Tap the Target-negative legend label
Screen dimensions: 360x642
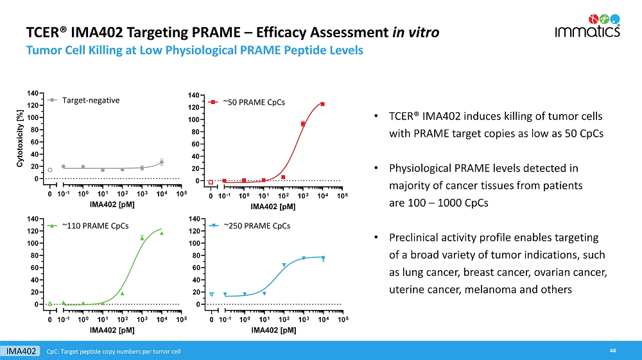pyautogui.click(x=91, y=100)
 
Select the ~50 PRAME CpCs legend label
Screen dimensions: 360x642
pyautogui.click(x=254, y=102)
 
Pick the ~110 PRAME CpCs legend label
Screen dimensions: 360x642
pyautogui.click(x=96, y=226)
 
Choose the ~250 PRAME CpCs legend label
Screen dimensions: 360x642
pyautogui.click(x=257, y=226)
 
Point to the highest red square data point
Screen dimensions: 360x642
pyautogui.click(x=323, y=104)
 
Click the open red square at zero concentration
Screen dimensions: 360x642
pyautogui.click(x=211, y=182)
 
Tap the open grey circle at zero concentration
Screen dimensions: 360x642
pyautogui.click(x=50, y=170)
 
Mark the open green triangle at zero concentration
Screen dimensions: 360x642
pyautogui.click(x=50, y=303)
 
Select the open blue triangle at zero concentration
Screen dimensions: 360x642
pyautogui.click(x=212, y=295)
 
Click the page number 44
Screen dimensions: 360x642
pyautogui.click(x=613, y=350)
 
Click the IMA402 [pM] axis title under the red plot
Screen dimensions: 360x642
pyautogui.click(x=273, y=207)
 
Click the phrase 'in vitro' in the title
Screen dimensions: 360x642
pyautogui.click(x=416, y=32)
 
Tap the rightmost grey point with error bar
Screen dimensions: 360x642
pyautogui.click(x=162, y=162)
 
